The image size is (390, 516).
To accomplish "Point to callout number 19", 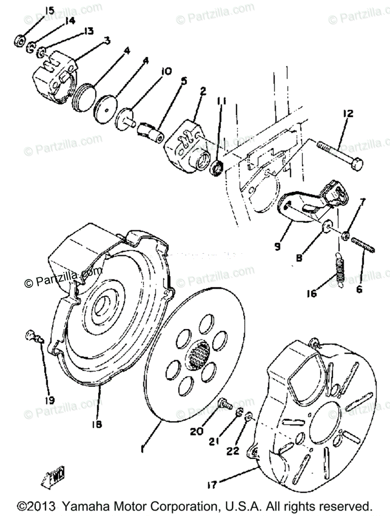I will pyautogui.click(x=49, y=400).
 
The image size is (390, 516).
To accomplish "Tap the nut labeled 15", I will pyautogui.click(x=19, y=42).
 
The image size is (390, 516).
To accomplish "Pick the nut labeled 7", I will pyautogui.click(x=344, y=236).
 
